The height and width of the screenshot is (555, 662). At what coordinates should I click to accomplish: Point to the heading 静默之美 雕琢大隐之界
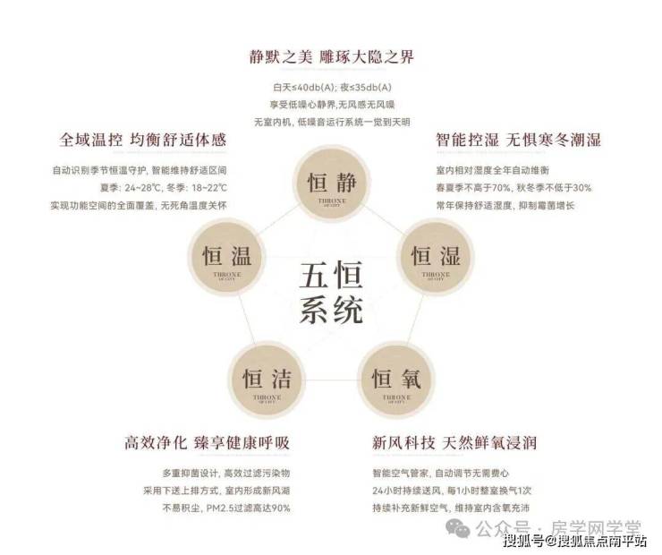click(331, 57)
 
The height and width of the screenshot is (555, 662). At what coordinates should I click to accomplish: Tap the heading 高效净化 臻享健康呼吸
click(208, 442)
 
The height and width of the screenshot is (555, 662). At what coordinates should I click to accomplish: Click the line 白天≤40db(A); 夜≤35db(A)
click(331, 87)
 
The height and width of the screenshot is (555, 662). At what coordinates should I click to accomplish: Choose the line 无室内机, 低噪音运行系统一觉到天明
click(331, 121)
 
